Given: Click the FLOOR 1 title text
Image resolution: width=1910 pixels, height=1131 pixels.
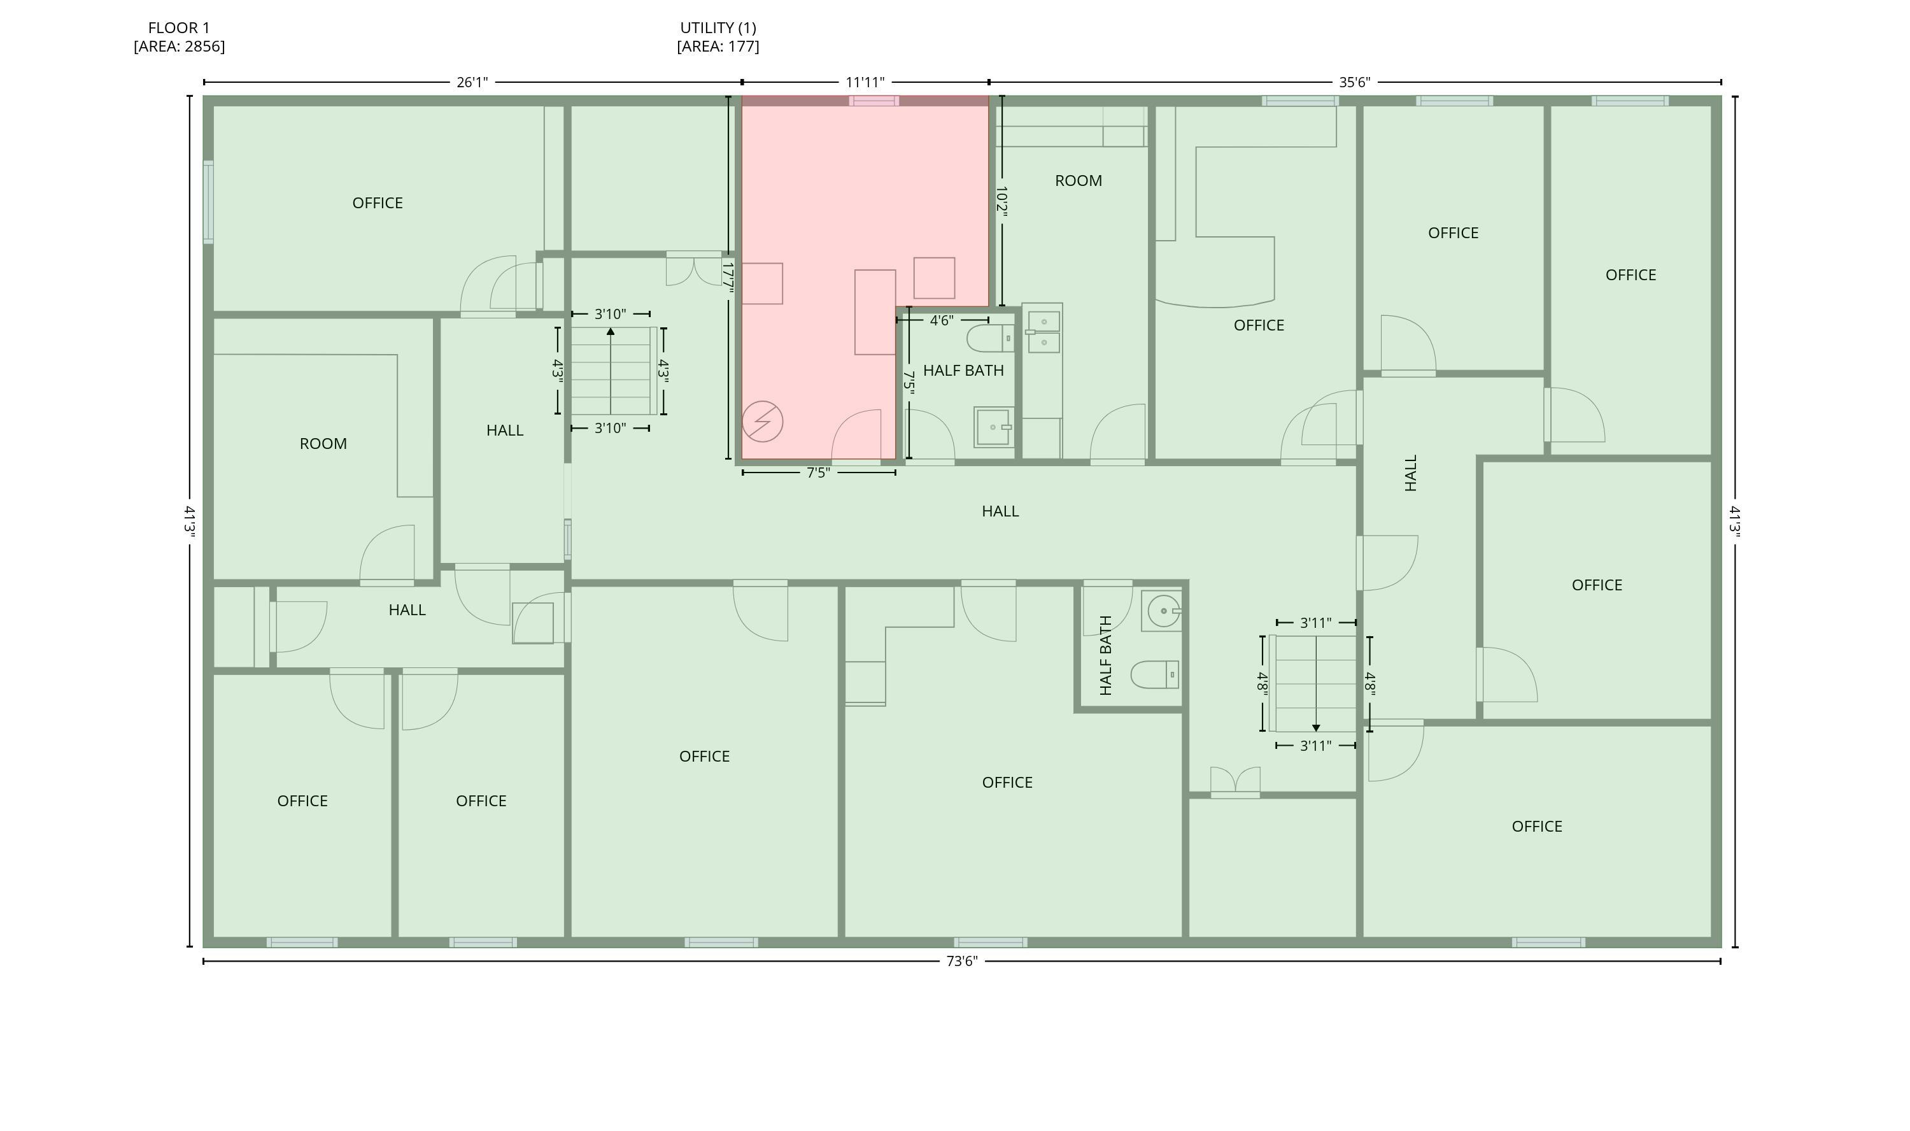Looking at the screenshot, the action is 179,28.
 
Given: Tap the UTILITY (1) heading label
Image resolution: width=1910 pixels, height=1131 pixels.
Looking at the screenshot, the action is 718,28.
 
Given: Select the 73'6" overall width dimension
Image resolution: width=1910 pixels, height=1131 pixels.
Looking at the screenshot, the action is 961,961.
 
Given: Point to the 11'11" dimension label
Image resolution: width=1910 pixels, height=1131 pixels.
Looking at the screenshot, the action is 865,82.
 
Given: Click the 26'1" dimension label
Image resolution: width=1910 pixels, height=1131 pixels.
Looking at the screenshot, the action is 472,82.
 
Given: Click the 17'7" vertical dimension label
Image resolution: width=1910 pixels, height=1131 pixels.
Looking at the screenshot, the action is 728,278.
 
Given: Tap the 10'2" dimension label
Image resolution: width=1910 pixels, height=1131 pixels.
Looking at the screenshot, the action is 1002,202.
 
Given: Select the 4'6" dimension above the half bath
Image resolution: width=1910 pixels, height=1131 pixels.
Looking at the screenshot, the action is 942,320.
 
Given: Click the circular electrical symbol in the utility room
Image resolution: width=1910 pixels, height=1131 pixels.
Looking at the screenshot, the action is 762,422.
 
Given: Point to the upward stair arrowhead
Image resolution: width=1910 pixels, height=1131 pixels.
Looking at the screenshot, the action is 611,332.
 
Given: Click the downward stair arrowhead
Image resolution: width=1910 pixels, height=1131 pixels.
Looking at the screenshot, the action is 1316,728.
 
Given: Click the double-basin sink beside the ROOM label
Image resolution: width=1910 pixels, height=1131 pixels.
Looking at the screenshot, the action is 1043,332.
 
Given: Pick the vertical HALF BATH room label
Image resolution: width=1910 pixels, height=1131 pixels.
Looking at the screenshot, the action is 1107,655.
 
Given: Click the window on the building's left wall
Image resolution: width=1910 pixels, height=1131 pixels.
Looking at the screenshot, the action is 208,202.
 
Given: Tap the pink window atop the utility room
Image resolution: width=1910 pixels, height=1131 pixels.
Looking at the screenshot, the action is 874,101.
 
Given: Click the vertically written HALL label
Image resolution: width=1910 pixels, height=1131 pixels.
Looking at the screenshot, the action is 1410,473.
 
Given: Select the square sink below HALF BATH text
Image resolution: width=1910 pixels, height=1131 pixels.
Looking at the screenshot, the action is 993,427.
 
